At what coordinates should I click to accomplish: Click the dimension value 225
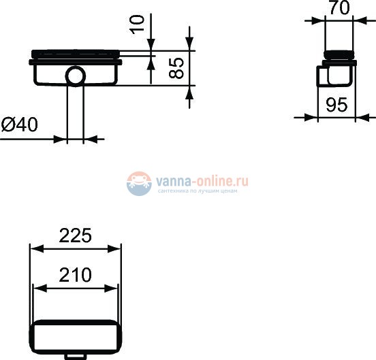coord(75,235)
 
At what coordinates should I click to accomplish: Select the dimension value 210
coord(75,275)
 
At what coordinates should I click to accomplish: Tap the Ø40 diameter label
coord(20,125)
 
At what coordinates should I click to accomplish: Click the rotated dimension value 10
coord(138,24)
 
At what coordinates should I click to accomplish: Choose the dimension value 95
coord(337,105)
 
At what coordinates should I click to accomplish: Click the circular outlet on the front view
coord(76,76)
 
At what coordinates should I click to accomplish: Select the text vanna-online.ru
coord(202,181)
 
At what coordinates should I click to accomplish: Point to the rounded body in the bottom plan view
coord(75,336)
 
